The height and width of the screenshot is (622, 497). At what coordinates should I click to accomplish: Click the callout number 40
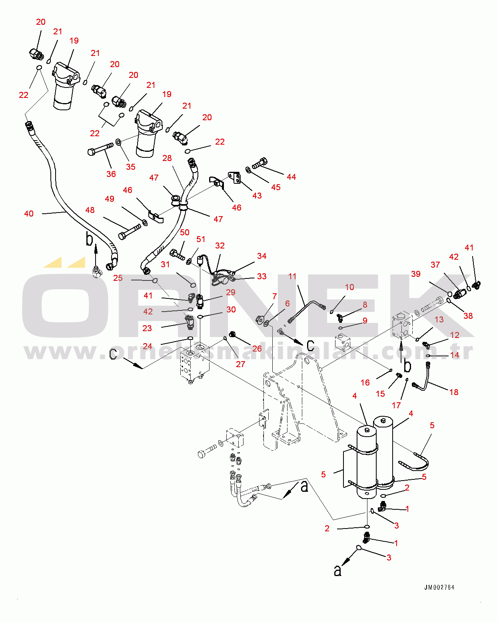[29, 214]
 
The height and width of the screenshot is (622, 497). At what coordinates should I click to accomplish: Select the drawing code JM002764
[439, 587]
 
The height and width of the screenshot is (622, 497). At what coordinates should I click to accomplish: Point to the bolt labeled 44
[259, 163]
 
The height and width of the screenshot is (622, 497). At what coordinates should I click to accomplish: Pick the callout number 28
[167, 158]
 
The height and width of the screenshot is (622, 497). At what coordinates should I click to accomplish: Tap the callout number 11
[292, 276]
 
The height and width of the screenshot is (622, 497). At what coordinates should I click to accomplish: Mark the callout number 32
[220, 246]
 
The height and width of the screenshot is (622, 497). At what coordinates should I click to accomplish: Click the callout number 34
[261, 256]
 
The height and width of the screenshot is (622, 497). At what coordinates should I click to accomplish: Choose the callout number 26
[257, 349]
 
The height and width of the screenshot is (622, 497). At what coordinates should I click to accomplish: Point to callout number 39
[416, 274]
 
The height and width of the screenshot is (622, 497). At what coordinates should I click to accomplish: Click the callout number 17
[396, 405]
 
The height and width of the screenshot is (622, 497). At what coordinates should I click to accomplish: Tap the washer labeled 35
[118, 142]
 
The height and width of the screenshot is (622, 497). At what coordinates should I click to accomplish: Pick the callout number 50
[185, 233]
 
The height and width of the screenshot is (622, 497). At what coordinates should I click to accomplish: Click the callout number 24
[148, 346]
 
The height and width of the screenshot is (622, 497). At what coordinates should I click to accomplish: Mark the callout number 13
[439, 320]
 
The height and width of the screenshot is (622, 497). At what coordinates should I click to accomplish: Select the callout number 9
[365, 321]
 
